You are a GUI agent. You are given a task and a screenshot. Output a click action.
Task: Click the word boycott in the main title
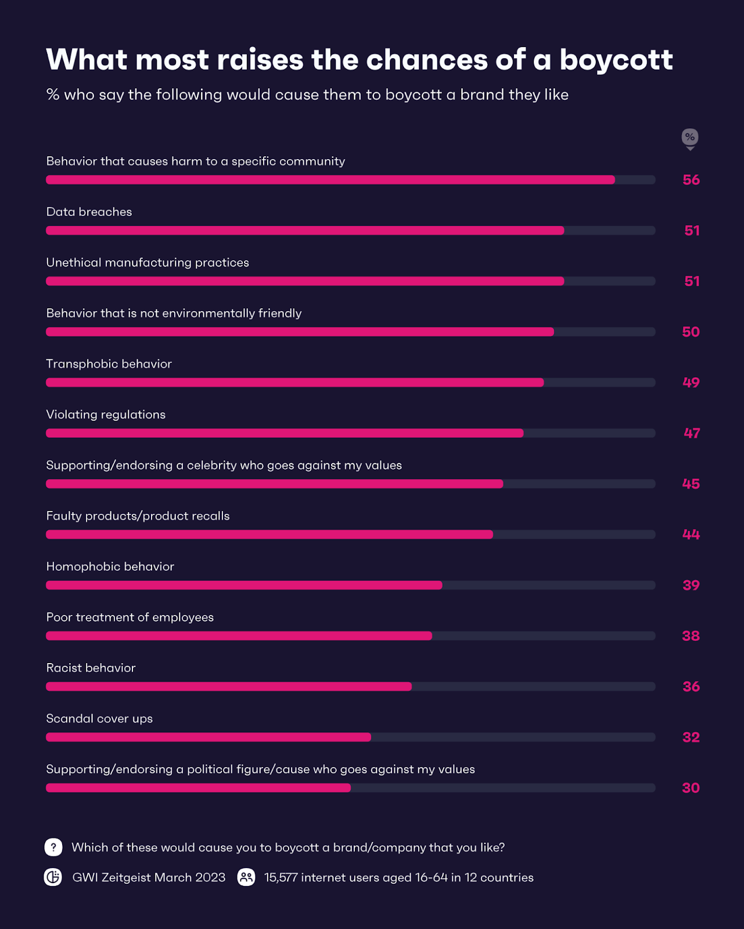616,60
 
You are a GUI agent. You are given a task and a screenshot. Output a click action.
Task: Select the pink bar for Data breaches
305,231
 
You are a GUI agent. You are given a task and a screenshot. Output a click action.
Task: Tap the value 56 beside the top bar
691,180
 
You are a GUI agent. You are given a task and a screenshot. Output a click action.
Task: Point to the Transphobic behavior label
109,364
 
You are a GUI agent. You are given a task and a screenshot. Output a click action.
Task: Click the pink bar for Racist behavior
229,686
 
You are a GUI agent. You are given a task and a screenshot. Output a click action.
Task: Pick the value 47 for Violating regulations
692,433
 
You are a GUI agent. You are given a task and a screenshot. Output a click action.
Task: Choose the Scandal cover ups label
99,719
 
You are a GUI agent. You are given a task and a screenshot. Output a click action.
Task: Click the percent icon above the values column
690,138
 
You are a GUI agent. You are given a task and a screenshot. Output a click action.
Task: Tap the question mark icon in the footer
53,847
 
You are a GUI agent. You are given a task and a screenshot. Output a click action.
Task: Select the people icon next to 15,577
246,877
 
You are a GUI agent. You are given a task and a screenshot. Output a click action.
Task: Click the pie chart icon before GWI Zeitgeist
53,877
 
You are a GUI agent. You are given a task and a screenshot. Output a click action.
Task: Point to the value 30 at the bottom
691,788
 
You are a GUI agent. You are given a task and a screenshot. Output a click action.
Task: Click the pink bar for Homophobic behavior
244,585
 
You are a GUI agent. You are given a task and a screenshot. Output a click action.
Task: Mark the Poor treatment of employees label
130,617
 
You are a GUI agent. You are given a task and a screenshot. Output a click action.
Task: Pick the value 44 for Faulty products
691,534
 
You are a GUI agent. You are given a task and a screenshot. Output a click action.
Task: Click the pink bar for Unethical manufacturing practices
305,281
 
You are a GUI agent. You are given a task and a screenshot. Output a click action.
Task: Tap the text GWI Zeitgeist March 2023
149,877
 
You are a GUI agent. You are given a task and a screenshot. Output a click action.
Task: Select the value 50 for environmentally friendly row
691,332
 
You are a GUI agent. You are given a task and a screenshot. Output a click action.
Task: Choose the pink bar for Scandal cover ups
209,737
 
